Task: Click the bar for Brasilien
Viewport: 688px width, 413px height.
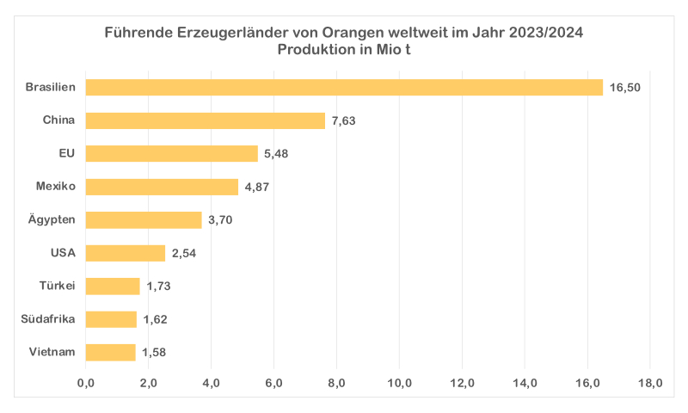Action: coord(344,87)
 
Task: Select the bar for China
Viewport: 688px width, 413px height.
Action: coord(206,120)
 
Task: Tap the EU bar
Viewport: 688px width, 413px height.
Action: coord(172,153)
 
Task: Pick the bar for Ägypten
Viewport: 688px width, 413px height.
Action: coord(144,219)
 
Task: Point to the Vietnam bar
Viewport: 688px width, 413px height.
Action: coord(111,352)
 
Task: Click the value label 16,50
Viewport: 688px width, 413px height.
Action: coord(625,88)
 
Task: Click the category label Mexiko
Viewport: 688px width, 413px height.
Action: coord(56,186)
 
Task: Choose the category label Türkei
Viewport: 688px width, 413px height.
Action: coord(58,286)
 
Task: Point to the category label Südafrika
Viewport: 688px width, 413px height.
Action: coord(48,319)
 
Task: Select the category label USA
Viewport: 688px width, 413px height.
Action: coord(64,252)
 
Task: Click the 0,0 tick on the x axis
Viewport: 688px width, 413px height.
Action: coord(86,383)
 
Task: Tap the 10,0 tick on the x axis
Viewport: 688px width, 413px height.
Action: coord(400,383)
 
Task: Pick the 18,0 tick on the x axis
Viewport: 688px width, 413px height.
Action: coord(650,383)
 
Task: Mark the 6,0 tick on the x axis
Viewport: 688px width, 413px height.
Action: coord(274,383)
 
